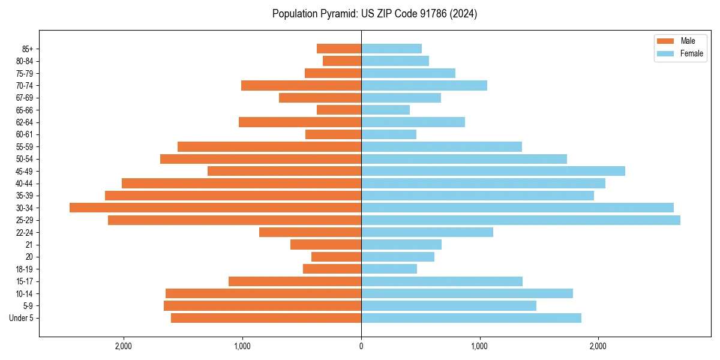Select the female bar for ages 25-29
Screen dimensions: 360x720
pos(520,220)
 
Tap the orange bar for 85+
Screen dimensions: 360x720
pos(339,49)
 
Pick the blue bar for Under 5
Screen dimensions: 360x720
pos(471,318)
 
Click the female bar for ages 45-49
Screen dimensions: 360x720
pos(493,171)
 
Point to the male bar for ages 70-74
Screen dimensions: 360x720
pos(301,85)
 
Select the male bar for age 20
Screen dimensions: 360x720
pos(336,257)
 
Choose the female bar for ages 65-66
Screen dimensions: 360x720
pos(385,110)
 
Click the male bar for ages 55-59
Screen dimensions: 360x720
pos(269,146)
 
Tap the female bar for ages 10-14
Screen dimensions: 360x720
pos(467,293)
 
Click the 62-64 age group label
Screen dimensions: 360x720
pos(25,122)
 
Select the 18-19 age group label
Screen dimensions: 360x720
pos(25,269)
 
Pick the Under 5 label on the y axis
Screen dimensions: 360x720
pos(22,318)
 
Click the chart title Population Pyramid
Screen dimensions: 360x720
pos(374,14)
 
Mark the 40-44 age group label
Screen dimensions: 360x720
pos(25,184)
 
